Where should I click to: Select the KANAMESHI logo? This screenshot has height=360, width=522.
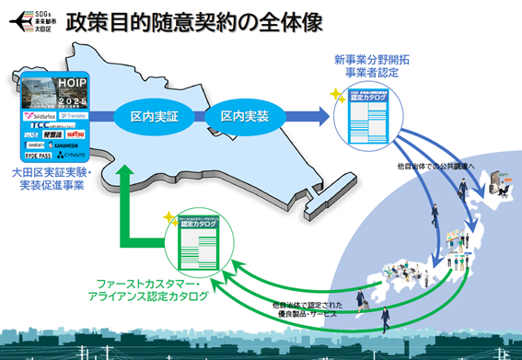75,145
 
